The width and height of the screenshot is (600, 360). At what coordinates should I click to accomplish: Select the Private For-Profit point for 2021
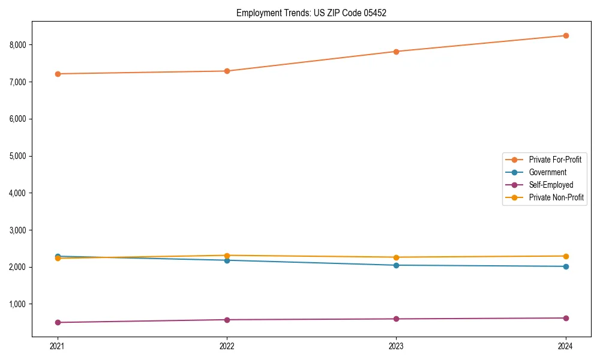(x=58, y=74)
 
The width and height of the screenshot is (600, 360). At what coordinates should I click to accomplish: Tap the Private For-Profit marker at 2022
(x=227, y=71)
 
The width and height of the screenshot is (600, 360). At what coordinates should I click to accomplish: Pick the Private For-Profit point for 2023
(x=396, y=52)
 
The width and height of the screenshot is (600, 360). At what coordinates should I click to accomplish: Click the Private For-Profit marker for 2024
(x=566, y=35)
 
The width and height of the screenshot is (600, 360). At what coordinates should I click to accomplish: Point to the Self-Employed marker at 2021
(x=58, y=322)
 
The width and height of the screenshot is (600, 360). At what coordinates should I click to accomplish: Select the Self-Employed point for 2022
(x=227, y=320)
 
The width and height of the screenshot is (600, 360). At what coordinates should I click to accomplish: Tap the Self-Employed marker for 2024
(x=566, y=318)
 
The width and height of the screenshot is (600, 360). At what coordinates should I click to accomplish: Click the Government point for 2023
(x=396, y=265)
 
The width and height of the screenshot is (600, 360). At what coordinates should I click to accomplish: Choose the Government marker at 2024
(x=566, y=266)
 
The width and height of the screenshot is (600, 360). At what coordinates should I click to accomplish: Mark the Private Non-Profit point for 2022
(x=227, y=256)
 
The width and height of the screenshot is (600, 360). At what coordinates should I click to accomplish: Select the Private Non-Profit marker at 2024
(x=566, y=256)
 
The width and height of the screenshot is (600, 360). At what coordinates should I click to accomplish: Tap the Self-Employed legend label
(x=551, y=185)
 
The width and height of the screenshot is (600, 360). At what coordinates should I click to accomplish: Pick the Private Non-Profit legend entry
(x=556, y=197)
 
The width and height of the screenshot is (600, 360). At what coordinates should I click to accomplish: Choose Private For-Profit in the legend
(x=554, y=160)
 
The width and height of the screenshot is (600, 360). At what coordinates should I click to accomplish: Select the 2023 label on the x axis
(x=396, y=346)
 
